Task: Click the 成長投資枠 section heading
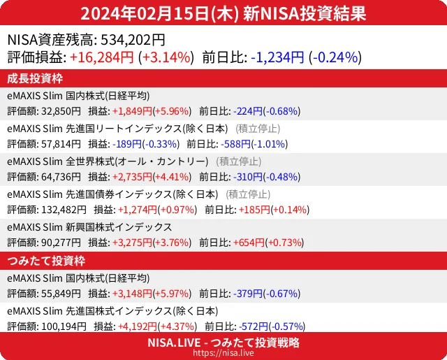click(36, 78)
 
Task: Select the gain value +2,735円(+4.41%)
click(153, 177)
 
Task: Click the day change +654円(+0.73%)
click(270, 243)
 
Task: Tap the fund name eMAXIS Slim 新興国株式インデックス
click(89, 227)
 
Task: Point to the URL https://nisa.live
click(223, 354)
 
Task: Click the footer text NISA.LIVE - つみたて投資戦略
click(223, 343)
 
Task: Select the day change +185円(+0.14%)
click(273, 210)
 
